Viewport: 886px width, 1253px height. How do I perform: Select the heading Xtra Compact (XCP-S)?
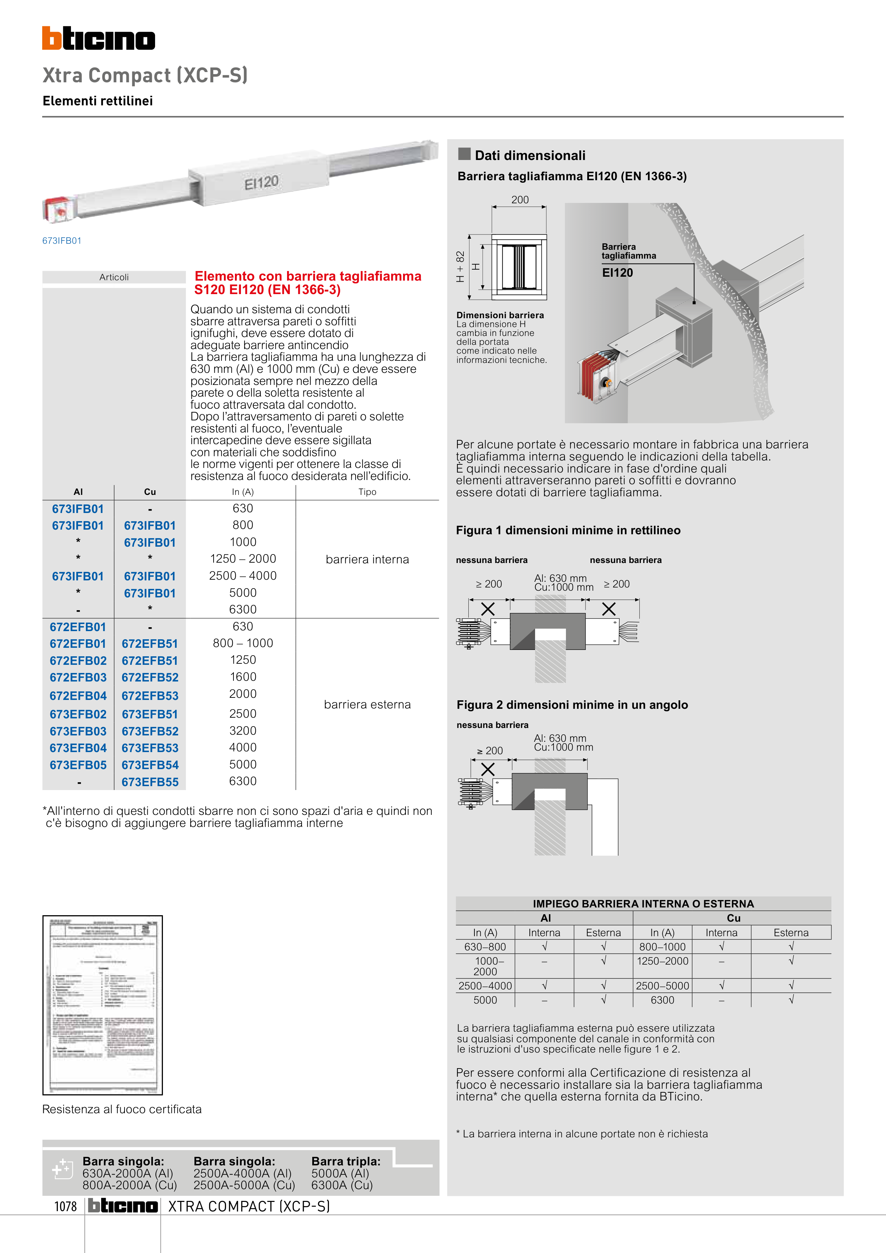pos(145,75)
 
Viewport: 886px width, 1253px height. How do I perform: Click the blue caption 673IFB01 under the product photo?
pos(62,241)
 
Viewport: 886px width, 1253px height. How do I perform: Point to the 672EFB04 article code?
pos(78,696)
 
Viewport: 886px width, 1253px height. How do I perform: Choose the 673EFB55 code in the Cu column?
pos(150,782)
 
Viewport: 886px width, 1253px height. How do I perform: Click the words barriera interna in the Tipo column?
pos(367,559)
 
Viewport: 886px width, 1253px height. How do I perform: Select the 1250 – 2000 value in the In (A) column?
pos(243,559)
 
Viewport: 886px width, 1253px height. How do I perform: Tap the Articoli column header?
pos(114,277)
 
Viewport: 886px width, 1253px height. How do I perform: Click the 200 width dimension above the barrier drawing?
pos(520,200)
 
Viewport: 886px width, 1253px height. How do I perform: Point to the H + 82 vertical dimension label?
pos(460,266)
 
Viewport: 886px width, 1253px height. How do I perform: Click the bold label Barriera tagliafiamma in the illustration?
pos(628,251)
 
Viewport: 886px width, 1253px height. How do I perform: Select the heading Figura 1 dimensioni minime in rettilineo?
pos(568,530)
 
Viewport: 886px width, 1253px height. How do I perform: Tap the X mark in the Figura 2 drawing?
pos(488,769)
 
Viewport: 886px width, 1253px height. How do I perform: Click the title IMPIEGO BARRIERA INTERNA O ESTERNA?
pos(643,904)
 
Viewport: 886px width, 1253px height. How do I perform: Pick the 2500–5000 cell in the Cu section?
pos(662,986)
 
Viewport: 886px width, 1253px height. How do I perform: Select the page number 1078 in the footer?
pos(66,1206)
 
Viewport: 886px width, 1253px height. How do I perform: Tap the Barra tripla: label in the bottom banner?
pos(346,1161)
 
